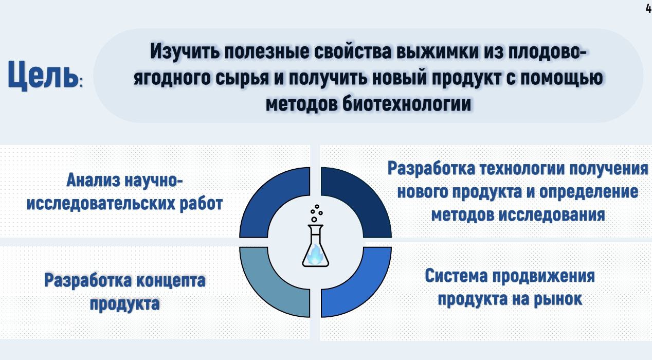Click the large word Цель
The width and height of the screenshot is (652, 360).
point(43,75)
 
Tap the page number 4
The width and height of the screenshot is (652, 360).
point(649,9)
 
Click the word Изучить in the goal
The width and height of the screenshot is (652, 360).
point(185,51)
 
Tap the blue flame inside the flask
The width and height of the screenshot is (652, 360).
point(315,255)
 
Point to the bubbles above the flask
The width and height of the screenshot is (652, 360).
point(316,213)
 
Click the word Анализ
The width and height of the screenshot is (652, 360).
point(93,180)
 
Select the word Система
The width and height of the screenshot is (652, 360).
point(456,276)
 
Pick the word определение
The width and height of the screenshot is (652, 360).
point(589,192)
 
